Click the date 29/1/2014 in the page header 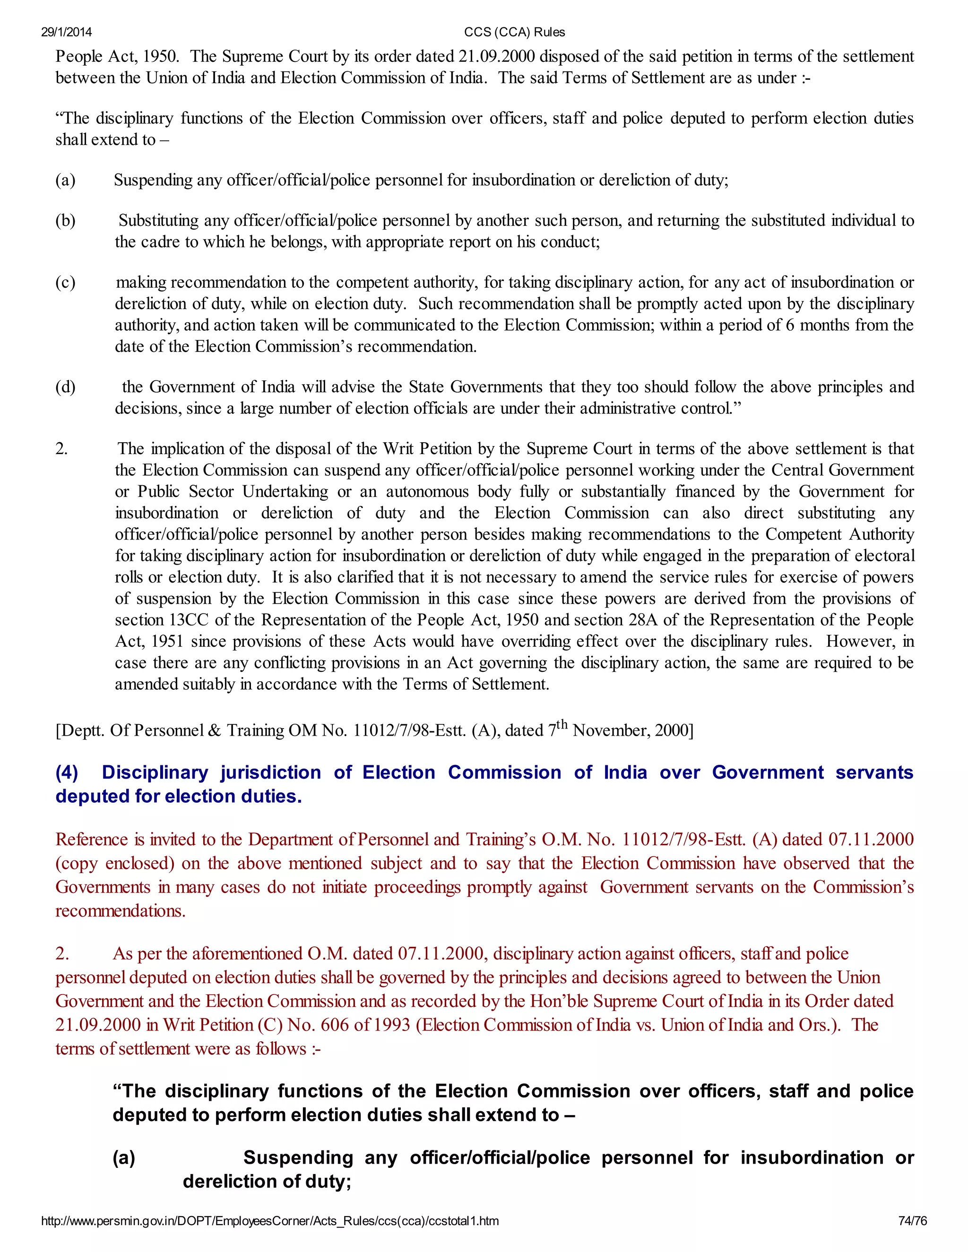pos(66,32)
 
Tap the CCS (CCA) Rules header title pos(514,32)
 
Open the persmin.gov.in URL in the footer pos(269,1221)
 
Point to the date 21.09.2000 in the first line pos(497,57)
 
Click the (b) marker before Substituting pos(65,221)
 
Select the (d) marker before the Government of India pos(65,387)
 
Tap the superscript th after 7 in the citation pos(562,724)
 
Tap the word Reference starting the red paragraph pos(92,839)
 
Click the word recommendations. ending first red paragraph pos(121,910)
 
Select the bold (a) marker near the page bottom pos(124,1158)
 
